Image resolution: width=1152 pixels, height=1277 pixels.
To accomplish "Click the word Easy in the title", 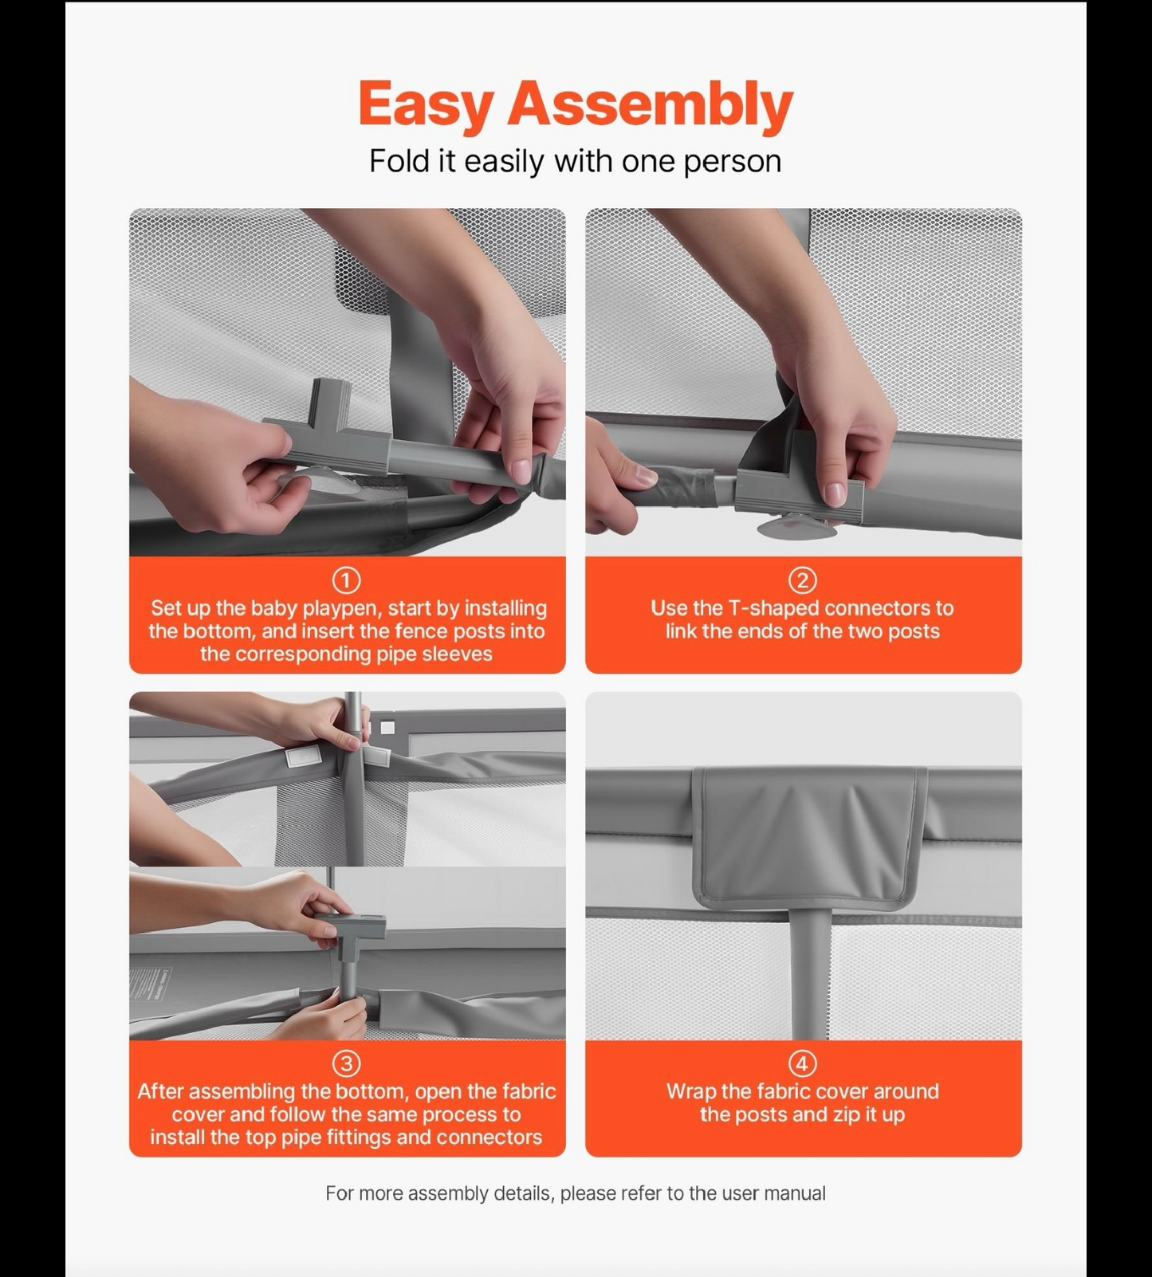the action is tap(427, 104).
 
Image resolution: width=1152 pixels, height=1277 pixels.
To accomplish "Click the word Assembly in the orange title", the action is tap(651, 104).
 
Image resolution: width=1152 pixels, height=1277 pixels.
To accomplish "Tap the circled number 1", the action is tap(346, 580).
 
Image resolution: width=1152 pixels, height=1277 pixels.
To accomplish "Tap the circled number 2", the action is tap(803, 580).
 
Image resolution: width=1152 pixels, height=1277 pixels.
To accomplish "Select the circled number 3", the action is tap(346, 1063).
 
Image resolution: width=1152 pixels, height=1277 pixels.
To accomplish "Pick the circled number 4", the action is tap(803, 1063).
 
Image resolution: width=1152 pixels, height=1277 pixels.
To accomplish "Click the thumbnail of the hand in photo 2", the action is tap(835, 493).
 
